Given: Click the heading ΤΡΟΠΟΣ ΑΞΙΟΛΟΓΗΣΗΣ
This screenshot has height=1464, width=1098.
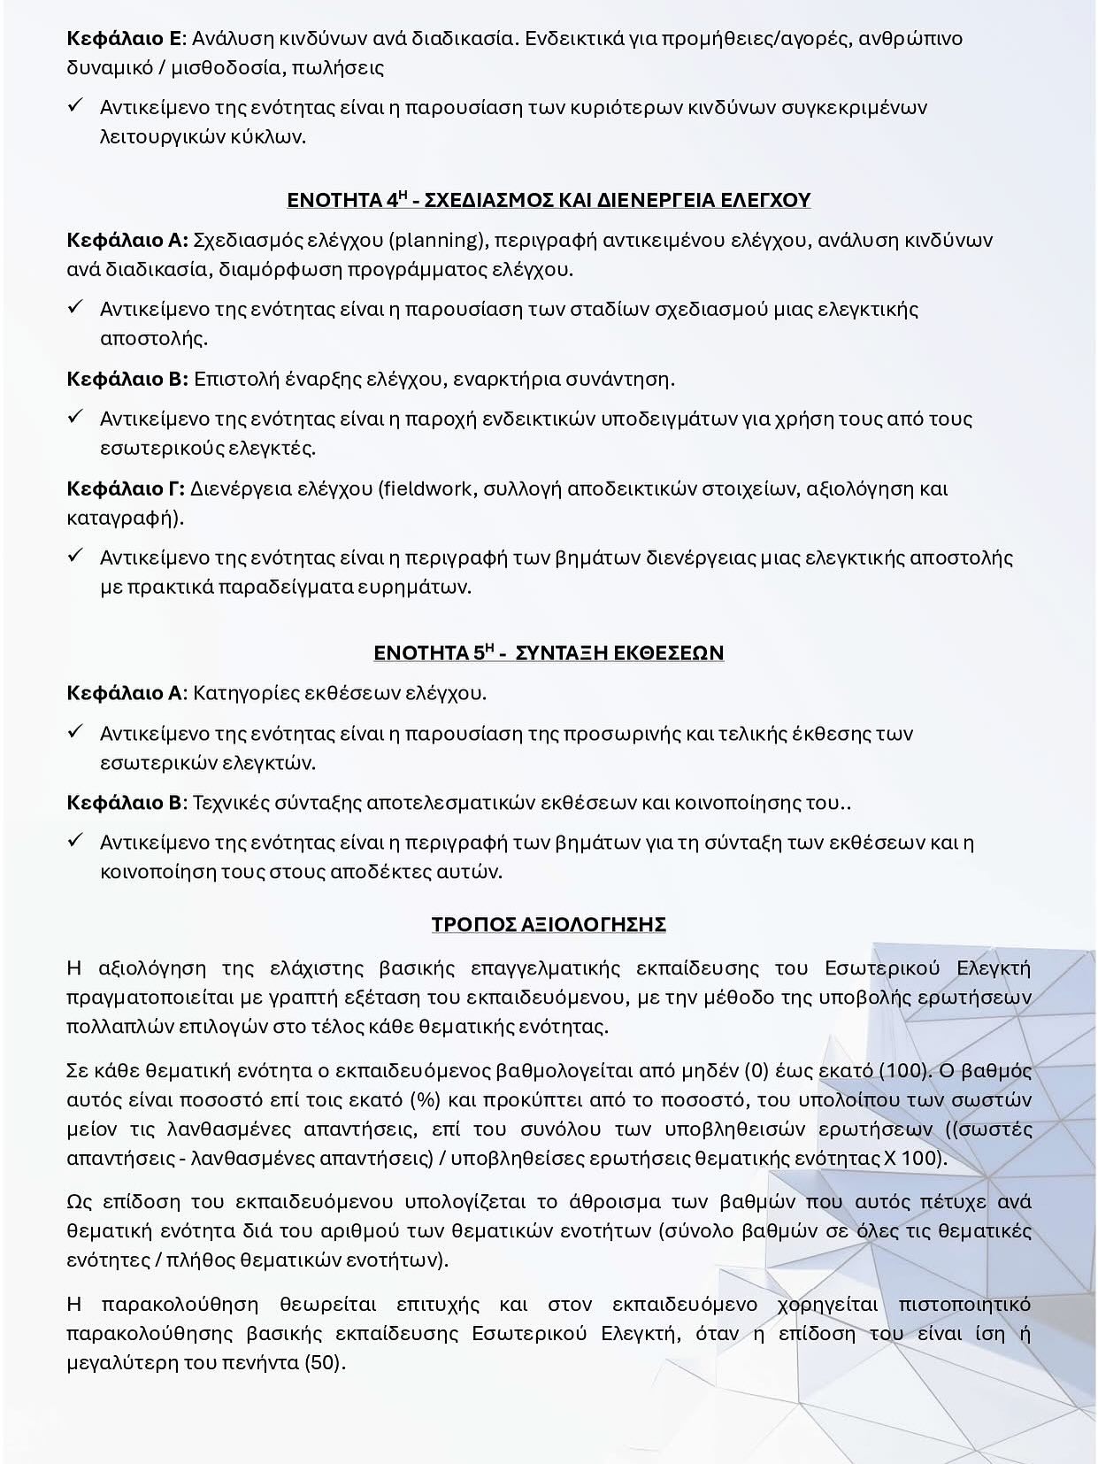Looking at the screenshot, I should pos(549,924).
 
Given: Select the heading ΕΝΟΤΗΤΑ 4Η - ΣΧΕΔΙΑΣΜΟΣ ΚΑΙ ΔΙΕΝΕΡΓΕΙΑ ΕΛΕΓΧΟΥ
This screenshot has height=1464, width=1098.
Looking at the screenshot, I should pos(549,200).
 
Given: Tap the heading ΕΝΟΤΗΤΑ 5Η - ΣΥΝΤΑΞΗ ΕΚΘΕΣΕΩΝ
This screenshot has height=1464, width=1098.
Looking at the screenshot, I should pos(549,653).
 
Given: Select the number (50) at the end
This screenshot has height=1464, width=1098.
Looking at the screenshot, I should pos(323,1362).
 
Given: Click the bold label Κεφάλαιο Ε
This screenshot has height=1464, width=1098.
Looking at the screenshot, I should pos(124,39).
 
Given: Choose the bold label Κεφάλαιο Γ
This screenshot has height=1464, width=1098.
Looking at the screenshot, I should pos(125,489).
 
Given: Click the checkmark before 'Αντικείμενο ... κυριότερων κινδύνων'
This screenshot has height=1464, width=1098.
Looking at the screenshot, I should pos(76,107).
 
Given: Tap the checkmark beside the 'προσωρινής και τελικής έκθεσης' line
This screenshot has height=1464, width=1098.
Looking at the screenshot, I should pos(76,733).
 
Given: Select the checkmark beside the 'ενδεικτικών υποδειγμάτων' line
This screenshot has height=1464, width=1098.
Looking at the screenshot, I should pos(76,418).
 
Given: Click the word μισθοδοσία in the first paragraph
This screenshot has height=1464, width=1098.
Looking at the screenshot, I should pos(226,68).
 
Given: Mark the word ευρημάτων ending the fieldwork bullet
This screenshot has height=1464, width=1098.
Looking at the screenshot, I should pos(425,587).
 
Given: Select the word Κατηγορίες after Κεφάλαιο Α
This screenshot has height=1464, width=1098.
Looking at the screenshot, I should pos(243,692).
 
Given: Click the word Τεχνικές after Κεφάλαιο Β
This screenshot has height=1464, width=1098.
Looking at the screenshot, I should pos(231,803).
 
